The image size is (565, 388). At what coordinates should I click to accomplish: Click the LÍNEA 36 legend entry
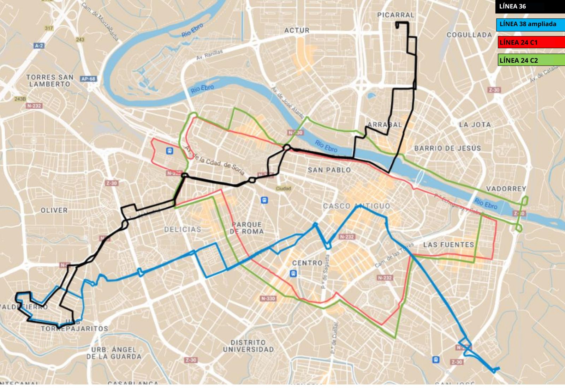coord(530,6)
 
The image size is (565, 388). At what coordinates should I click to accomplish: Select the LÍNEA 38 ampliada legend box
coord(530,24)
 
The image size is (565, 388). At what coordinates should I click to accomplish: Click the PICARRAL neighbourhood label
coord(395,15)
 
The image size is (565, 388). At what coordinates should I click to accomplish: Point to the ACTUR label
coord(297,31)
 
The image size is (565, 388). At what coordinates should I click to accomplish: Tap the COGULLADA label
coord(469,35)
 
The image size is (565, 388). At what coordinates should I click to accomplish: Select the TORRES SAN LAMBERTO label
coord(50,80)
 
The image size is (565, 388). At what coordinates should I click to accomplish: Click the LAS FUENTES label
coord(448,244)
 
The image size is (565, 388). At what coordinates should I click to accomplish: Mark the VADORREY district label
coord(506,189)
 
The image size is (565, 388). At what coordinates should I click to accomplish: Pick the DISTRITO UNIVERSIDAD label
coord(248,346)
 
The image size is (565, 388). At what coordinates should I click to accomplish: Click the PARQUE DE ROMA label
coord(246,228)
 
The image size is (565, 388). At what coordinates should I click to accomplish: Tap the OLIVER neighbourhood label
coord(54,210)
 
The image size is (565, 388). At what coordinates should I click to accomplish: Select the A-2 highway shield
coord(39,46)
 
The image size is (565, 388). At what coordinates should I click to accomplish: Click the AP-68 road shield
coord(88,79)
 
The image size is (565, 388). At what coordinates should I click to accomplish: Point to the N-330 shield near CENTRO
coord(268,298)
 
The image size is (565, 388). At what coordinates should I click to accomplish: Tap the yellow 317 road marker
coord(49,28)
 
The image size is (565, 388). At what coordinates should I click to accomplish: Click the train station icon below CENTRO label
coord(293,273)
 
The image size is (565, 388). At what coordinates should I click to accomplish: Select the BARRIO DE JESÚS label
coord(447,148)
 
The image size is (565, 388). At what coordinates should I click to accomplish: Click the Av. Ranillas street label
coord(209,55)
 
